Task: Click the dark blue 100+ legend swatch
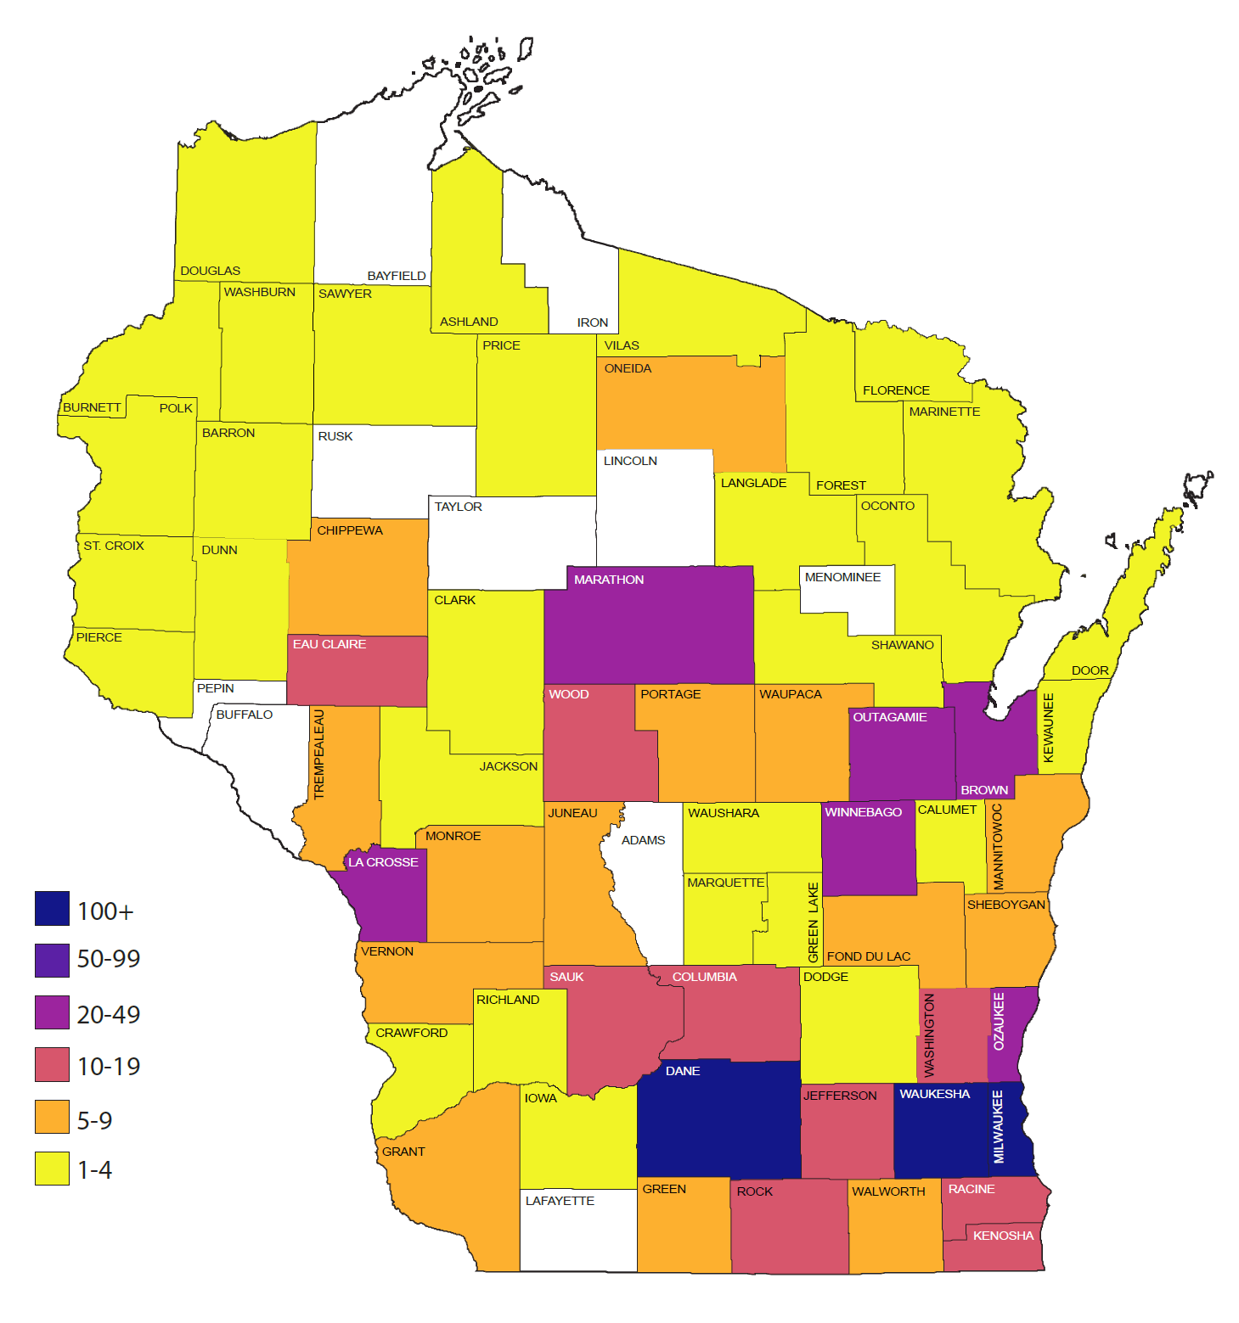click(x=52, y=908)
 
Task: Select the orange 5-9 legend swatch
click(x=52, y=1117)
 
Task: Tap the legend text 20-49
click(x=109, y=1014)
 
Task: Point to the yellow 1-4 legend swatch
click(x=52, y=1168)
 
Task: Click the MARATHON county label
click(x=609, y=580)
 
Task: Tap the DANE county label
click(x=683, y=1071)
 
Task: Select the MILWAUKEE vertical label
click(x=999, y=1126)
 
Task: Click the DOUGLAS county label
click(x=210, y=271)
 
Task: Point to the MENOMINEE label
click(x=842, y=577)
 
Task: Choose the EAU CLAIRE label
click(x=329, y=644)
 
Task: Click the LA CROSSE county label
click(x=383, y=862)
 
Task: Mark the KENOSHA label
click(x=1003, y=1236)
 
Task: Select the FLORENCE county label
click(x=896, y=390)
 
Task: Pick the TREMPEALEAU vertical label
click(x=319, y=754)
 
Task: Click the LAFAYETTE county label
click(x=560, y=1201)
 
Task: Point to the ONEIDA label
click(x=628, y=368)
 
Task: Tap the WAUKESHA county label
click(x=934, y=1094)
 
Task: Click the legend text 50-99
click(x=109, y=959)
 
